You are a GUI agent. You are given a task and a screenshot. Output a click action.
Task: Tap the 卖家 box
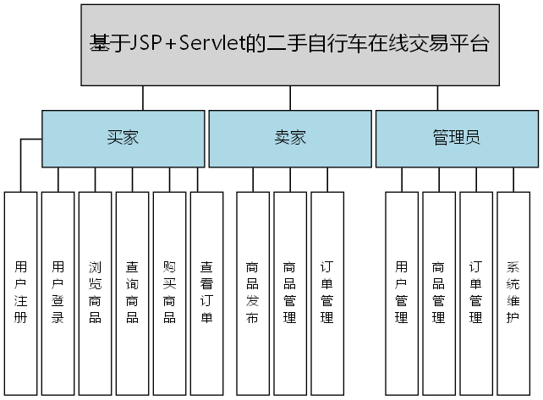(x=289, y=139)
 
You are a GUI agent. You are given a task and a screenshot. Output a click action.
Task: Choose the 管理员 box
(x=457, y=139)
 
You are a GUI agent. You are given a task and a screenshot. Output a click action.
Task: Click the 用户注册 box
(x=21, y=291)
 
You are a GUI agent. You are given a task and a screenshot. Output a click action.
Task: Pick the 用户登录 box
(x=58, y=291)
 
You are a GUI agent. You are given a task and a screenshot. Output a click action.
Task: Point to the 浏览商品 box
(x=96, y=291)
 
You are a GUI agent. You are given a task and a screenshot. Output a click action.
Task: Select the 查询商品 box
(x=133, y=291)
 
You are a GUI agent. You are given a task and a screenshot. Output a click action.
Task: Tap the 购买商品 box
(x=169, y=291)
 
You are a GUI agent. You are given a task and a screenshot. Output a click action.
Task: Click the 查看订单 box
(x=206, y=291)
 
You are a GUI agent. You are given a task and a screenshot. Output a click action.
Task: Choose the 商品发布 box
(x=252, y=291)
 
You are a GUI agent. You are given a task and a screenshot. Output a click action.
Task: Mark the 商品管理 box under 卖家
(x=289, y=291)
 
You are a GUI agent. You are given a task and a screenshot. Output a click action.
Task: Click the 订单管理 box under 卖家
(x=326, y=291)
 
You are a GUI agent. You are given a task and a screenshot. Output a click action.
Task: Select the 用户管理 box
(x=402, y=291)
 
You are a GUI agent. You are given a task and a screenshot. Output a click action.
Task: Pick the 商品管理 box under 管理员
(x=439, y=291)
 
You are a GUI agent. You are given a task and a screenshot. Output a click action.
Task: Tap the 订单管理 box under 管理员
(x=476, y=291)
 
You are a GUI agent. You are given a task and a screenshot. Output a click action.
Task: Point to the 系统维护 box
(x=513, y=291)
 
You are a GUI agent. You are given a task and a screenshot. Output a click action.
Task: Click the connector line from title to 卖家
(x=290, y=99)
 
